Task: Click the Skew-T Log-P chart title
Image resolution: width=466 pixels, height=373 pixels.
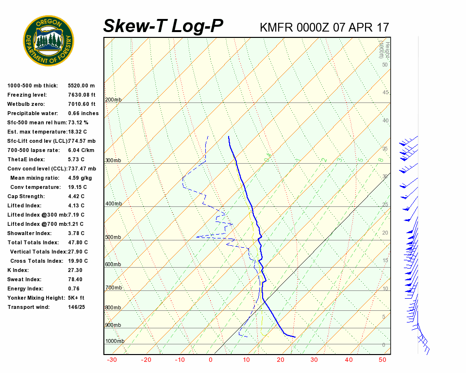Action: point(163,26)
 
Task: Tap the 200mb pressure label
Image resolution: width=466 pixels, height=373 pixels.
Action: point(113,100)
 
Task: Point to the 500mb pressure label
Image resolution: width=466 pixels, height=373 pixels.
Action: point(113,237)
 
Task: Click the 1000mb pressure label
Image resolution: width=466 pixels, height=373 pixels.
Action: point(115,341)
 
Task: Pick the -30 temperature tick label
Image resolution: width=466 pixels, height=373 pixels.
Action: point(112,360)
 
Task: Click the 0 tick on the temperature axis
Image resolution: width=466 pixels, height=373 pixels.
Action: point(211,360)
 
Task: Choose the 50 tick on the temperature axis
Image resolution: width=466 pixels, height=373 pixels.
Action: point(382,360)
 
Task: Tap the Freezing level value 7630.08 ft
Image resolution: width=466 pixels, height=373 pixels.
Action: point(82,95)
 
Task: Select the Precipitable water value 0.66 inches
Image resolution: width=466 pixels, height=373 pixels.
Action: point(83,113)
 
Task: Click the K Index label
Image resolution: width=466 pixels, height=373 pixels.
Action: point(18,270)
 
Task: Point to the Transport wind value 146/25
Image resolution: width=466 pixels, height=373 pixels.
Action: point(77,307)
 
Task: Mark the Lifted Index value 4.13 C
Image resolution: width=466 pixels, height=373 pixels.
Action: point(76,205)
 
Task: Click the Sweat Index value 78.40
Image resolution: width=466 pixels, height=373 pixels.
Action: point(75,279)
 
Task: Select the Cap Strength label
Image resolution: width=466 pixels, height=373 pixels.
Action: point(26,196)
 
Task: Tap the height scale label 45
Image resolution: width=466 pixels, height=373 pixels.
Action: point(385,93)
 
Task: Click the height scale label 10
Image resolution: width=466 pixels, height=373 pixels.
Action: point(385,289)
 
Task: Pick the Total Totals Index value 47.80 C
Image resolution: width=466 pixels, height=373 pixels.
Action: point(78,242)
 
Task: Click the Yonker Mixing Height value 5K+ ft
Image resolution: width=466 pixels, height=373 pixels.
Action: point(76,298)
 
